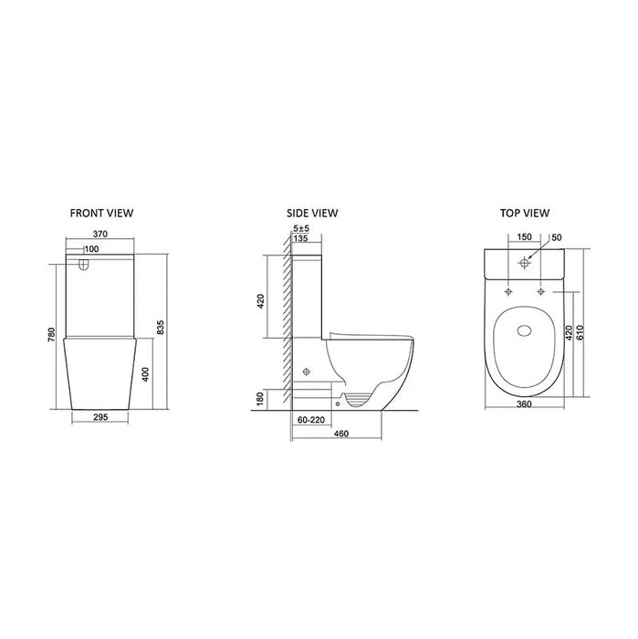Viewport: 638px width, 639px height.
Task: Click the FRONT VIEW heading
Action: (x=101, y=213)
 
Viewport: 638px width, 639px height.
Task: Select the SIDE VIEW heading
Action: (x=312, y=213)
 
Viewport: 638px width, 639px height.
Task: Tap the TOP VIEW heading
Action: (x=524, y=213)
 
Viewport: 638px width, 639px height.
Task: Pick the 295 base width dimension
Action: (x=101, y=416)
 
